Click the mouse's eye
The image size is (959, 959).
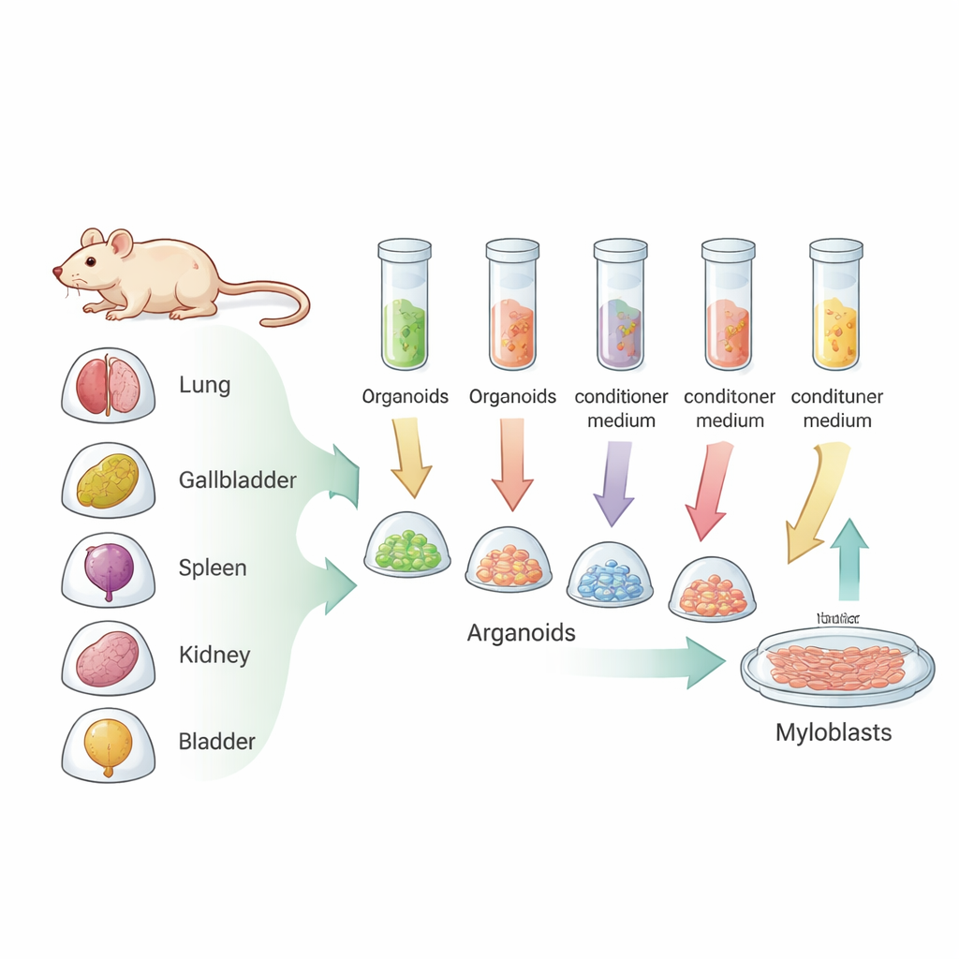point(91,261)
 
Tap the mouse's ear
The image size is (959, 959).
point(121,244)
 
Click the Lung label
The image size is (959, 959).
point(204,385)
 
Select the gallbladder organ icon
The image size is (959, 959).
point(108,480)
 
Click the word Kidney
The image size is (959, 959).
point(214,655)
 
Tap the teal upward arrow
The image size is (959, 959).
point(848,557)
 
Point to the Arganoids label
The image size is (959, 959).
point(521,633)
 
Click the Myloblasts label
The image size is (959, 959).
point(834,732)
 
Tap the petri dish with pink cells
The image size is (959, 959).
point(836,666)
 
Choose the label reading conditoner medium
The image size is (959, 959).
point(730,408)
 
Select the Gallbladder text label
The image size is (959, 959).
point(237,480)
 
